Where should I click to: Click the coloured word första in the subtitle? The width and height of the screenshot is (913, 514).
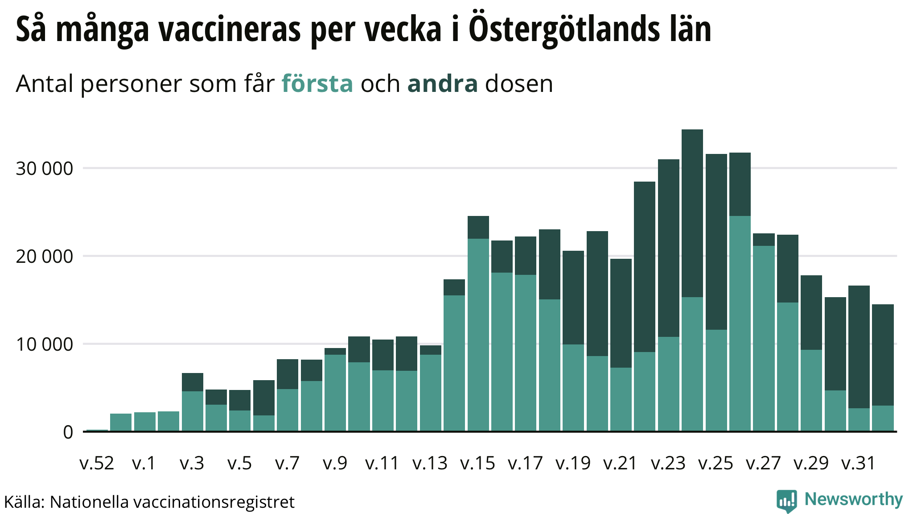click(x=317, y=83)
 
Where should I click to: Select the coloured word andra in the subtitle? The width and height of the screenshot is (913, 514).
click(x=443, y=83)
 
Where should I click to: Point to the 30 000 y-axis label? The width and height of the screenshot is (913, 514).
click(x=45, y=169)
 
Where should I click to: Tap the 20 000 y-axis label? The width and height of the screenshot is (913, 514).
click(x=45, y=257)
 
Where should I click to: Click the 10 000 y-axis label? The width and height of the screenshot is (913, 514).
click(x=45, y=344)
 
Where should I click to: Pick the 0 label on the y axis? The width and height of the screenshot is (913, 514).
click(x=68, y=432)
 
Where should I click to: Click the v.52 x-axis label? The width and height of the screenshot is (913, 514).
click(x=97, y=463)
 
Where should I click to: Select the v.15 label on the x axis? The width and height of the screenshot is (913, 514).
click(x=478, y=463)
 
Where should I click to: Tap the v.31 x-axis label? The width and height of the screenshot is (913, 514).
click(x=859, y=463)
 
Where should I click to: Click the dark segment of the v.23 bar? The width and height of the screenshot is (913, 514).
click(x=669, y=248)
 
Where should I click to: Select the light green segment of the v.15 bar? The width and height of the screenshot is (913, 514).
click(x=478, y=335)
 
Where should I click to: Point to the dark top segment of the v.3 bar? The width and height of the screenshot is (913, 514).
click(x=193, y=382)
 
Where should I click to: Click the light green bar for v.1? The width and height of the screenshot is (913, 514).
click(x=145, y=422)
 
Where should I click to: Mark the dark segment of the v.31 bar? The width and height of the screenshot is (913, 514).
click(x=859, y=347)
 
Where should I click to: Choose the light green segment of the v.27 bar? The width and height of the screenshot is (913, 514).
click(x=764, y=338)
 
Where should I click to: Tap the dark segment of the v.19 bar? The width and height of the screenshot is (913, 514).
click(x=573, y=298)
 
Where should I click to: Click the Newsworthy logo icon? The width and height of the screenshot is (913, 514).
click(x=786, y=501)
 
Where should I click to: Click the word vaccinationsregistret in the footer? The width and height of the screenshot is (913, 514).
click(x=214, y=502)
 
